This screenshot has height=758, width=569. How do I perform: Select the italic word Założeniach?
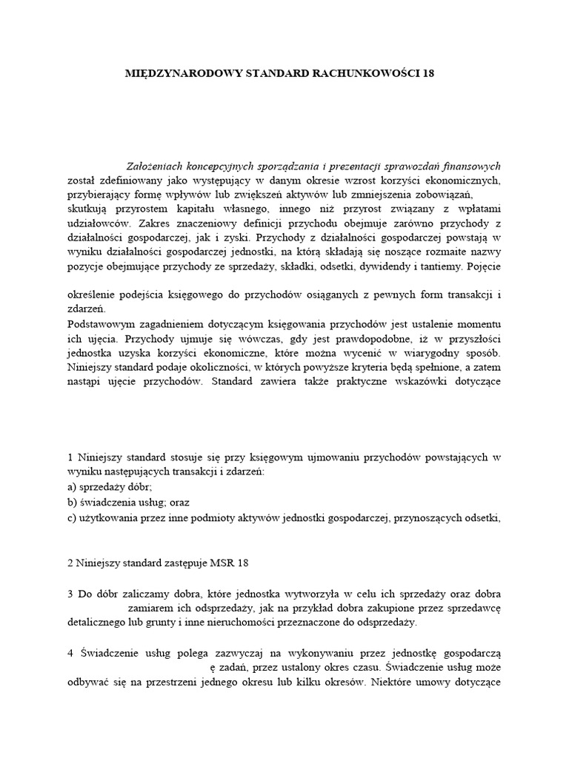click(156, 167)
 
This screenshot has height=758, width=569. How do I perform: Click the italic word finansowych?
click(474, 167)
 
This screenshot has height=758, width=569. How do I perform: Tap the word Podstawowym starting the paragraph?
click(103, 325)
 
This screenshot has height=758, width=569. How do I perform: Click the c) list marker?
click(72, 517)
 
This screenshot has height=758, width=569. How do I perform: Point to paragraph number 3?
click(70, 594)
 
